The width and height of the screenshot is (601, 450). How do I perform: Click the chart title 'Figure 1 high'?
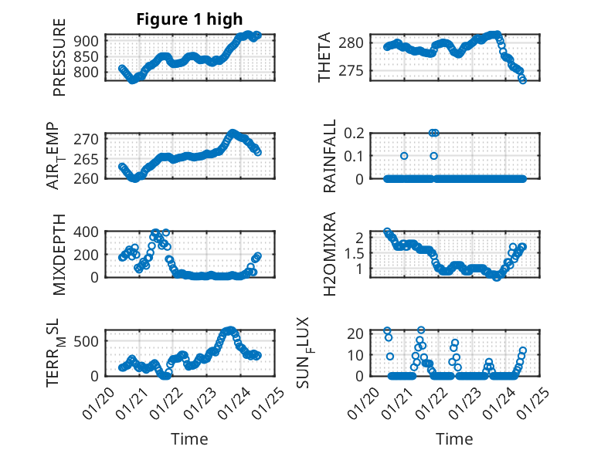178,19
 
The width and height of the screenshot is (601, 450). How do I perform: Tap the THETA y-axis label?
324,58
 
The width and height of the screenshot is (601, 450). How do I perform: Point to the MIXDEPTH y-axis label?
59,255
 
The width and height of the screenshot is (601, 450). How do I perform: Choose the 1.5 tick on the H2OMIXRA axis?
355,252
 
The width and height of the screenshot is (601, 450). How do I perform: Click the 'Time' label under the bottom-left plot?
189,439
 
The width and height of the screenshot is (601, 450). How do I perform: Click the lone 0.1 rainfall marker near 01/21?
404,156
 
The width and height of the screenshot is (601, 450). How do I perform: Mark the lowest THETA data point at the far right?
523,80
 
